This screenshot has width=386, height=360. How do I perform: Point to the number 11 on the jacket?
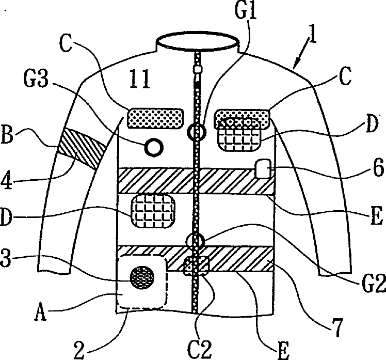coord(140,80)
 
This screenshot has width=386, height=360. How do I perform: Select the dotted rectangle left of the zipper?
coord(155,118)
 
